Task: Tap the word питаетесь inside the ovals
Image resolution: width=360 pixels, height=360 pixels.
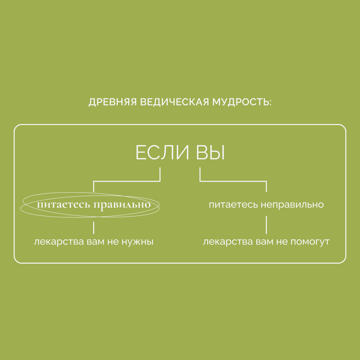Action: (63, 205)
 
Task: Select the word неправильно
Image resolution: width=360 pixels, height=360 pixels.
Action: (292, 205)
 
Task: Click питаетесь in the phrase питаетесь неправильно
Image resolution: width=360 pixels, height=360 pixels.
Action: (233, 205)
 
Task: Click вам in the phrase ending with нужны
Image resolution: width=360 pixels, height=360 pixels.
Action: (95, 242)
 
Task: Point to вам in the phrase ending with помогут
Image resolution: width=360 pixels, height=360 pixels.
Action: (264, 242)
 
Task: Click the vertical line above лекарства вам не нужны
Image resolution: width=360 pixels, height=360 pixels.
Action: (94, 228)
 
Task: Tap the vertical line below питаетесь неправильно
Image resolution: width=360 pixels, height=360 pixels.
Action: (266, 225)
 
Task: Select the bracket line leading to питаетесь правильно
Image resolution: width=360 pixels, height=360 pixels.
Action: (126, 181)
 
